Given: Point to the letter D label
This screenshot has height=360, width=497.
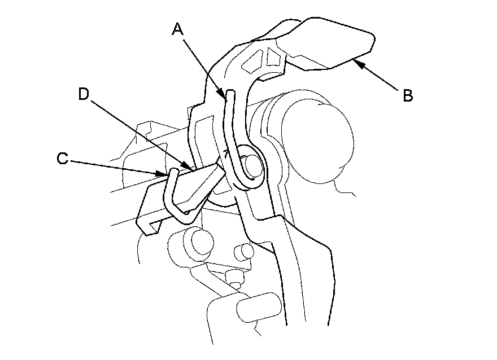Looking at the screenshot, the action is pyautogui.click(x=84, y=94).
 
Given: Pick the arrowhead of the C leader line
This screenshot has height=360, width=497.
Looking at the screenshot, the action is pyautogui.click(x=165, y=174).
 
